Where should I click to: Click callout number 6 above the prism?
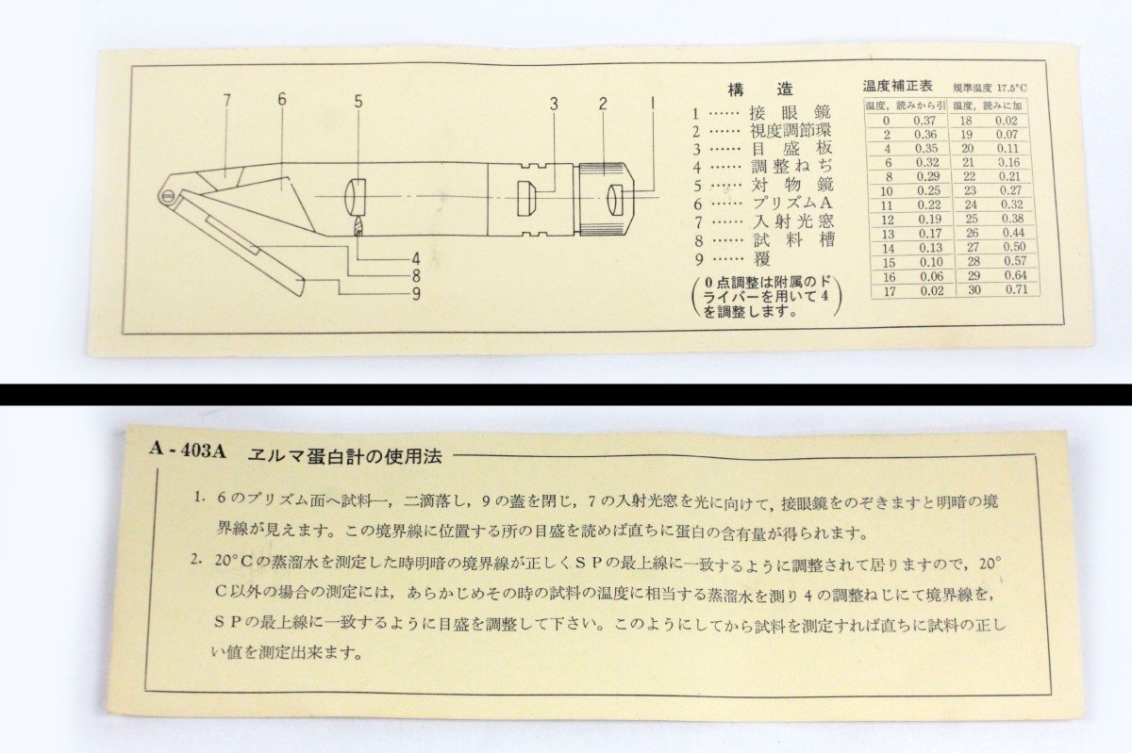point(281,98)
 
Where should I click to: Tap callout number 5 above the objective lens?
point(358,98)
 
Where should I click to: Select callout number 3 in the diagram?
point(555,104)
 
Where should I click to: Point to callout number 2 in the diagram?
point(601,103)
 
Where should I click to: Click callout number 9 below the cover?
point(415,293)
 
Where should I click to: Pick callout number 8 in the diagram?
point(414,276)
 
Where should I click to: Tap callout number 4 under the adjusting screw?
point(414,258)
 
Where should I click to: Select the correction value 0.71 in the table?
point(1008,289)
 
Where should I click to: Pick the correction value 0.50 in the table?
point(1008,246)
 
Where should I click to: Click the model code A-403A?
point(189,450)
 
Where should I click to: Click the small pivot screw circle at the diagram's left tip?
point(169,195)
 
